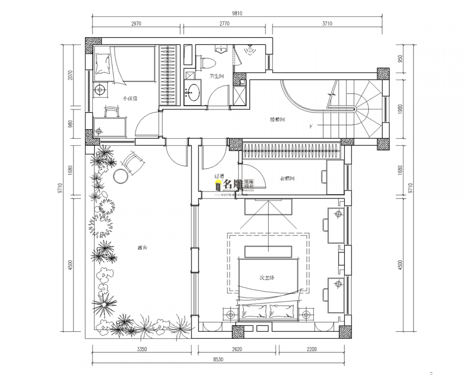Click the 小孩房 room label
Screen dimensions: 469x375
click(130, 98)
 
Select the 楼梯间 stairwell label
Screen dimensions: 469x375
click(277, 120)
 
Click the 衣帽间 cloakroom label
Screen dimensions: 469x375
click(287, 179)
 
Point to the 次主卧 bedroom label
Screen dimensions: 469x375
click(267, 277)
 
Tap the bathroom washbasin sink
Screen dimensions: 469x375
click(193, 91)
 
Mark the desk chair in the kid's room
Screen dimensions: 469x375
click(111, 112)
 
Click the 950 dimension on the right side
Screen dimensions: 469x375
click(400, 59)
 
